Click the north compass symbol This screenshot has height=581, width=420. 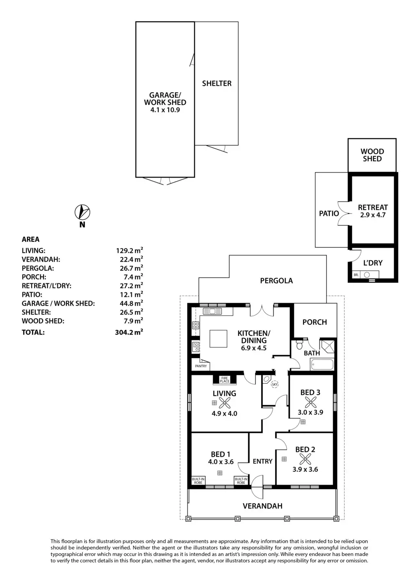point(82,212)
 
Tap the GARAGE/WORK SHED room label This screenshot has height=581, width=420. point(165,99)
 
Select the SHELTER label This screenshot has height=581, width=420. point(217,83)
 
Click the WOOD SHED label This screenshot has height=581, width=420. point(372,155)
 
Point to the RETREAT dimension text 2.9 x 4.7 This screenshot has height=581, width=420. point(373,215)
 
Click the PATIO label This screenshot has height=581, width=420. point(329,213)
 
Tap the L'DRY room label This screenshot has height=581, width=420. point(373,263)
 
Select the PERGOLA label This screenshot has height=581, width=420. point(276,280)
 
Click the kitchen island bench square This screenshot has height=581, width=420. point(218,339)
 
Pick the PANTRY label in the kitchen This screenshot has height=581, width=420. point(201,366)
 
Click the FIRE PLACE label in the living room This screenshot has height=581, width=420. point(224,380)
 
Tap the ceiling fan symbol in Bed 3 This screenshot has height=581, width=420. point(310,403)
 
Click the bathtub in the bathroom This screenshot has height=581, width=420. point(322,364)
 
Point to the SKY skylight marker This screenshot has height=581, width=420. point(274,385)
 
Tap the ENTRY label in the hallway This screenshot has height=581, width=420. point(262,461)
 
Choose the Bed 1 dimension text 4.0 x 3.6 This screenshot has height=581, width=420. point(221,462)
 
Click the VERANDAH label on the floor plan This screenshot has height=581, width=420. point(262,506)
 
